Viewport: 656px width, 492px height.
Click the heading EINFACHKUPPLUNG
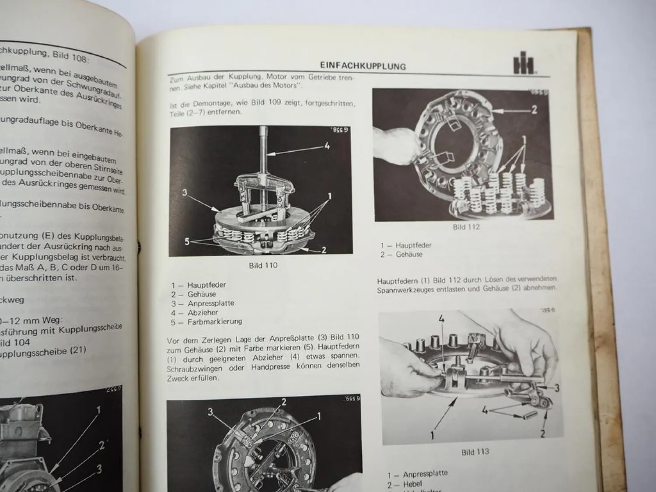tap(363, 66)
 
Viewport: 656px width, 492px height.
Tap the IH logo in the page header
tap(523, 66)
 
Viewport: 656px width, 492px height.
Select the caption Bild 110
tap(263, 265)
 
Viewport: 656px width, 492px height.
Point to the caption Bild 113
tap(475, 452)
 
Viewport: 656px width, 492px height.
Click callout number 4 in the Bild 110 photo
tap(326, 146)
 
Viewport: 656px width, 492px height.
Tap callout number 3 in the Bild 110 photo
tap(185, 192)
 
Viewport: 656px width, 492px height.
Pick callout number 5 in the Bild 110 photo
tap(187, 241)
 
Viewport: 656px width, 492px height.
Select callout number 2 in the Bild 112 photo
tap(534, 109)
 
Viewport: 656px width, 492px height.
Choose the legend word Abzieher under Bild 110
tap(202, 312)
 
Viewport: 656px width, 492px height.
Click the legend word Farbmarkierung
tap(214, 321)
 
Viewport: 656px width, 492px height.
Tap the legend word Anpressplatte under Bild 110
tap(211, 303)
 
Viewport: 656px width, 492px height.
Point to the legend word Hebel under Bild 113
tap(412, 484)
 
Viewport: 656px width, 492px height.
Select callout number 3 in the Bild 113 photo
tap(557, 388)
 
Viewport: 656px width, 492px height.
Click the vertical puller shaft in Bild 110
tap(264, 149)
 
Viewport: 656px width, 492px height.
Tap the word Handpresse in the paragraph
tap(270, 367)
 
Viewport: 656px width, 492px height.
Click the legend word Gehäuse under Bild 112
tap(409, 254)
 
